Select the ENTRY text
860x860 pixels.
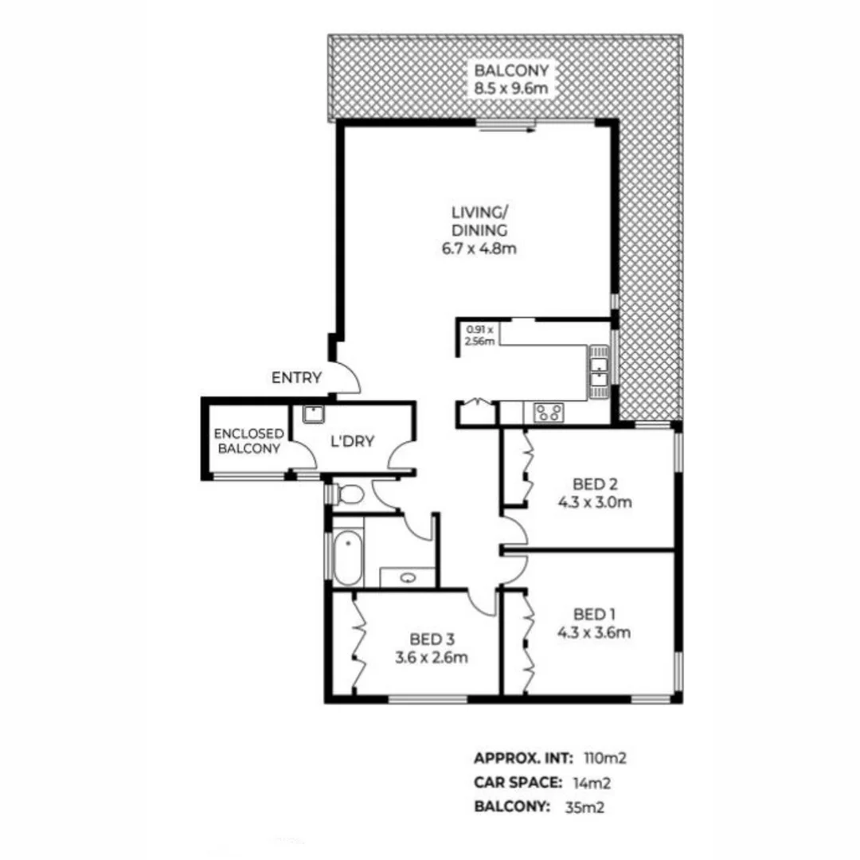pyautogui.click(x=296, y=377)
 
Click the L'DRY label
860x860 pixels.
pyautogui.click(x=351, y=441)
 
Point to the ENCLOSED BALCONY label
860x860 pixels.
pyautogui.click(x=248, y=440)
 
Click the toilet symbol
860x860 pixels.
pyautogui.click(x=347, y=494)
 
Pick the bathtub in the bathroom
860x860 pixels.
pyautogui.click(x=347, y=557)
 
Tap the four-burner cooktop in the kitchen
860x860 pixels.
pyautogui.click(x=548, y=412)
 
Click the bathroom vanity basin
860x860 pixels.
pyautogui.click(x=408, y=578)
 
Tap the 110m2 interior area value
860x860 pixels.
pyautogui.click(x=600, y=757)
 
